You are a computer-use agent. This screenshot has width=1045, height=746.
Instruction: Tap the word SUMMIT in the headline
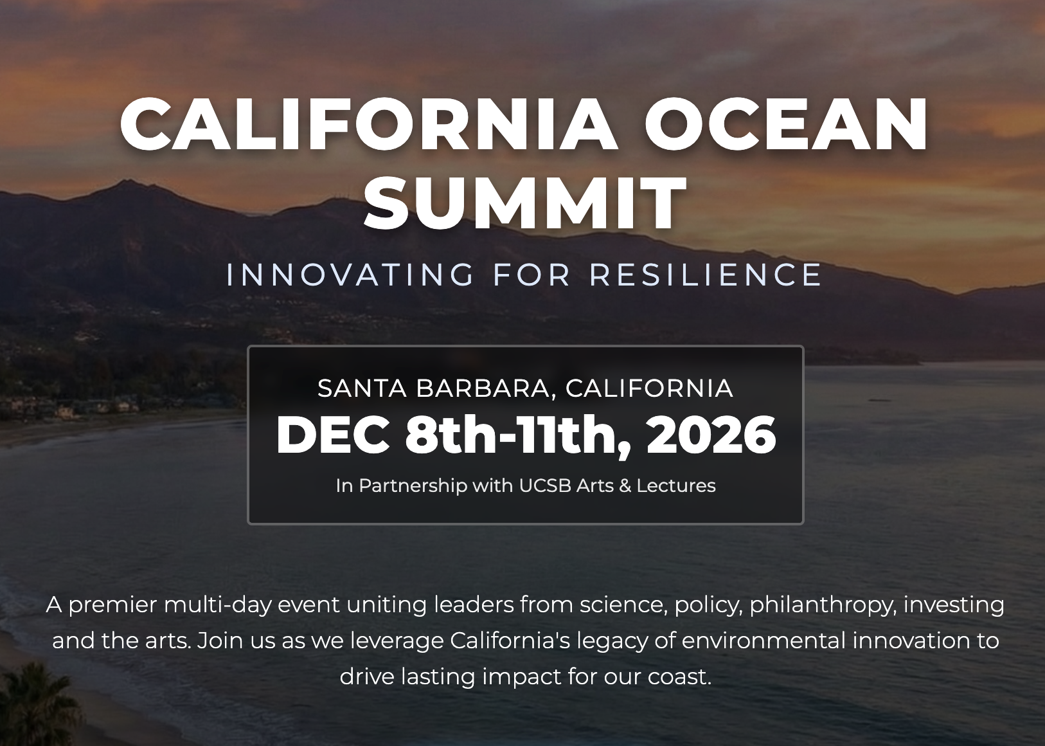click(x=525, y=203)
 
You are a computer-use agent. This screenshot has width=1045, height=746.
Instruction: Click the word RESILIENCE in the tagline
click(x=706, y=275)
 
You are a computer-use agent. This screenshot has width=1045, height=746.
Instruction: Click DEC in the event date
click(x=333, y=435)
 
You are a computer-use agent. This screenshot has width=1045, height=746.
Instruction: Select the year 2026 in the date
click(x=711, y=435)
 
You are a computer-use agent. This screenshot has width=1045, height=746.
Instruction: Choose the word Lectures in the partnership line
click(x=676, y=486)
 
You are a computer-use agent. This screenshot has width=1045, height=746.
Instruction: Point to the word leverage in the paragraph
click(x=397, y=641)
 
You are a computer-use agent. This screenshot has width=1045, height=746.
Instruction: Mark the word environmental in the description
click(x=764, y=641)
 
